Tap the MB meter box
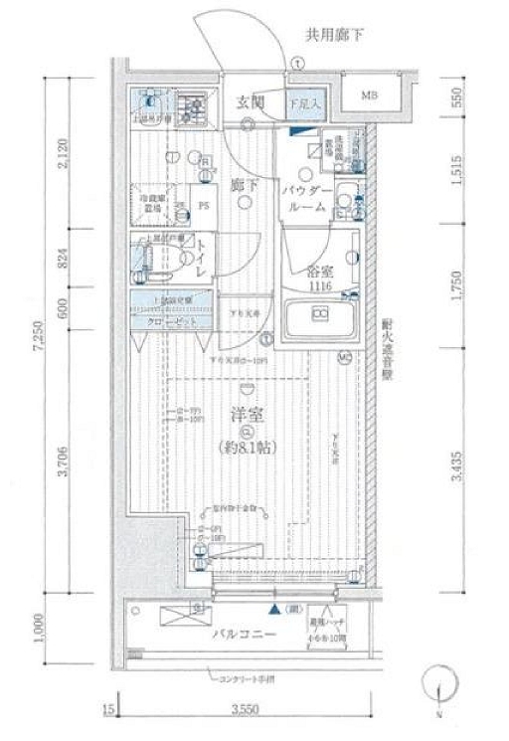coord(369,96)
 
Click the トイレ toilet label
coord(202,259)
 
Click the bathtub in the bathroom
coord(320,319)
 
